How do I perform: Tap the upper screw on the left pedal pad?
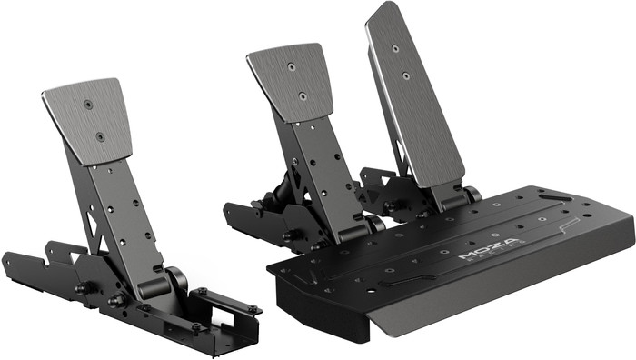tap(88, 105)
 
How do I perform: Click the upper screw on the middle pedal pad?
tap(290, 66)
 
